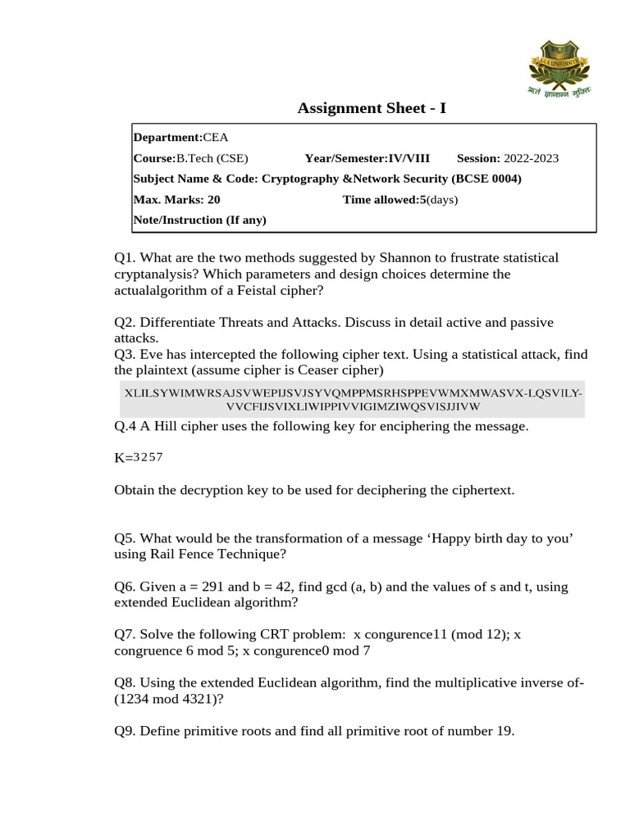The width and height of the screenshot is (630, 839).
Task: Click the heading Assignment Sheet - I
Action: [x=372, y=108]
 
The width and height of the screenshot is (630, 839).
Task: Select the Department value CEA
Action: [x=217, y=138]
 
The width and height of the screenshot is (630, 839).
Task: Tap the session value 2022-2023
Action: [x=531, y=158]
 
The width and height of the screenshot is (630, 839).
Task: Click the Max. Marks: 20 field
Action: [x=176, y=199]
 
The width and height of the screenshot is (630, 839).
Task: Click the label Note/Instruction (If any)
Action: [x=199, y=220]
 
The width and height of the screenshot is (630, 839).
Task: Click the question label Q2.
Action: [x=125, y=323]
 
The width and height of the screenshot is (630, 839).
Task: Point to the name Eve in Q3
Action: [x=152, y=355]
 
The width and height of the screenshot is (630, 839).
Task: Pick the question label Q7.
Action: [x=125, y=635]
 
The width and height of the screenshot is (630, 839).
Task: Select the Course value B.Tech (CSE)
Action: [x=212, y=158]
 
